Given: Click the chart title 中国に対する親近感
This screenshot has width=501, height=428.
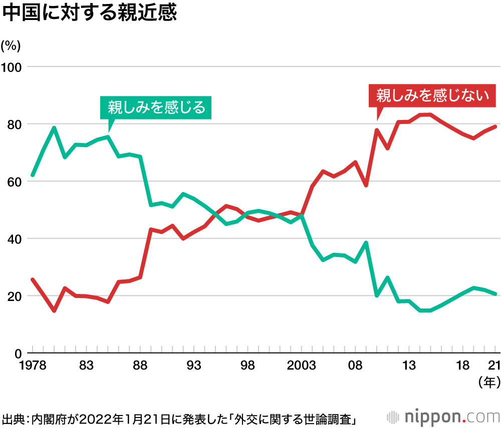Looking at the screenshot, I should tap(90, 13).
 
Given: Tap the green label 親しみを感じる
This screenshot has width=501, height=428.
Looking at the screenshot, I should tap(156, 107).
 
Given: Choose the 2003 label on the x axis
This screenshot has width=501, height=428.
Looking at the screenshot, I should tap(302, 366).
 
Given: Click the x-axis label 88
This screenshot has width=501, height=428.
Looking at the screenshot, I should tap(140, 366).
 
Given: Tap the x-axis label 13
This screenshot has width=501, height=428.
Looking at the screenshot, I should tap(410, 366).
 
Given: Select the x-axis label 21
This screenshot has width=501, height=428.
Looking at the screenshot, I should tap(493, 366).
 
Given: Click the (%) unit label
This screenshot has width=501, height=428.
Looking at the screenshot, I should tap(11, 45).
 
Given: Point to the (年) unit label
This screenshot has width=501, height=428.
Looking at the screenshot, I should tap(489, 382).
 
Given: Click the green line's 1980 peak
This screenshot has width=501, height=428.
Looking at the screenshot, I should tap(54, 127).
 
